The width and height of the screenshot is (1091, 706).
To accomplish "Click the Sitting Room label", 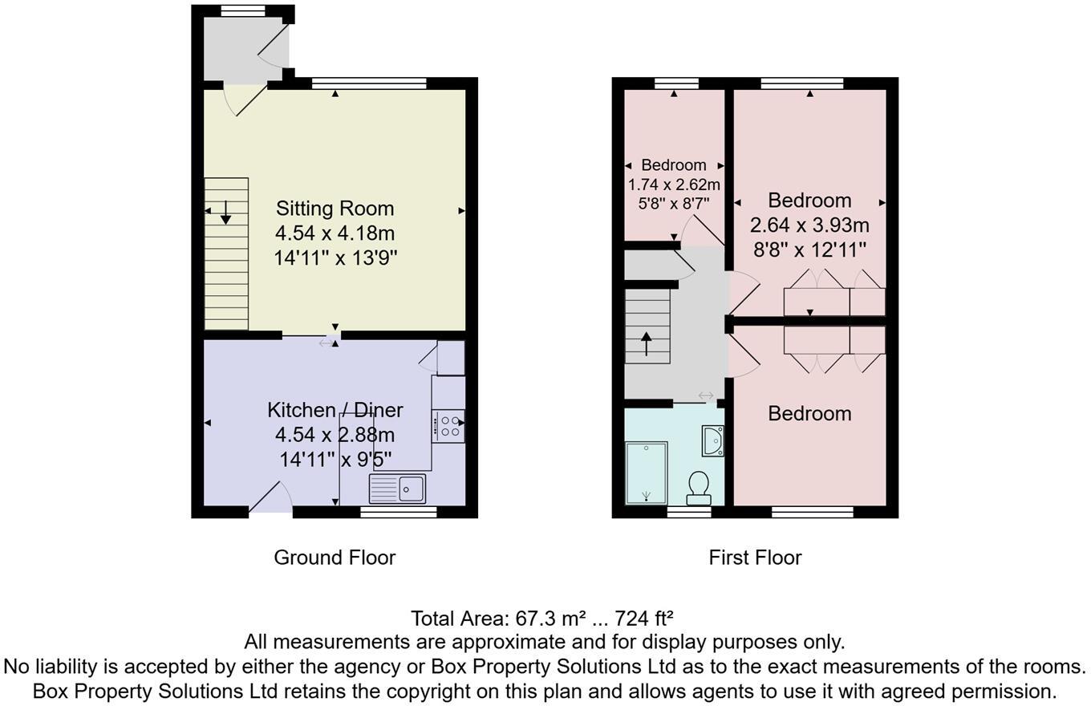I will pyautogui.click(x=335, y=209).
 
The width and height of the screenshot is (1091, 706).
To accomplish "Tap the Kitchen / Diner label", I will pyautogui.click(x=335, y=410).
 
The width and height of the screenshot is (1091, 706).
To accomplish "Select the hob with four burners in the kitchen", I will pyautogui.click(x=448, y=426).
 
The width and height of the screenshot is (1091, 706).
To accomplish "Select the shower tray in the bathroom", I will pyautogui.click(x=647, y=473).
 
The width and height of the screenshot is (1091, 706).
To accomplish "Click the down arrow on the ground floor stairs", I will pyautogui.click(x=225, y=212).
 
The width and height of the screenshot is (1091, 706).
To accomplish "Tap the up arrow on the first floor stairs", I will pyautogui.click(x=647, y=343).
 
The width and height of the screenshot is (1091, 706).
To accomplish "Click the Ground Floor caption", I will pyautogui.click(x=335, y=558).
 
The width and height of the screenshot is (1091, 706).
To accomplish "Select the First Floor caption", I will pyautogui.click(x=755, y=558).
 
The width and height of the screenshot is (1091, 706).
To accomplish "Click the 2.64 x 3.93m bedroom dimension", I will pyautogui.click(x=809, y=225).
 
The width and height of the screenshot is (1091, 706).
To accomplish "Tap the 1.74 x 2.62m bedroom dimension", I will pyautogui.click(x=674, y=185).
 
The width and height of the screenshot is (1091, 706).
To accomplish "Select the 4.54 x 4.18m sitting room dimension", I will pyautogui.click(x=335, y=233).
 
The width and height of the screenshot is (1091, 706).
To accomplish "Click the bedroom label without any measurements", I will pyautogui.click(x=809, y=414).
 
